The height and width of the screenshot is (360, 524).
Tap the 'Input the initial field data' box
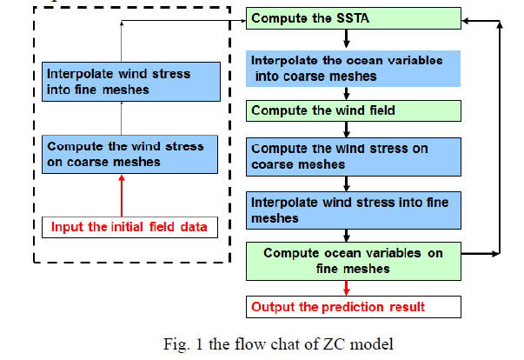point(128,227)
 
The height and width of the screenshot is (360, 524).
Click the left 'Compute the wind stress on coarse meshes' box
point(128,154)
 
